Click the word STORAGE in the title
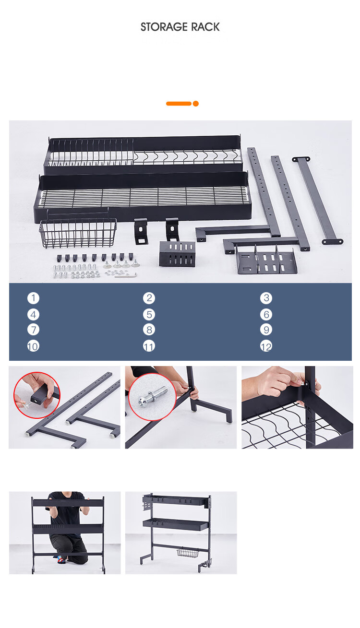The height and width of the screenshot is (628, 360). click(164, 27)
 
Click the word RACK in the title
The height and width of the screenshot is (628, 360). click(205, 27)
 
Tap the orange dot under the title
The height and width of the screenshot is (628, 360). click(196, 104)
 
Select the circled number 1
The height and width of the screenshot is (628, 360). click(33, 298)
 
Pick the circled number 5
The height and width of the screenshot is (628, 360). click(149, 315)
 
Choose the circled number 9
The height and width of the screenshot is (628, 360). click(266, 330)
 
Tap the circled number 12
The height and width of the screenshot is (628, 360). click(266, 346)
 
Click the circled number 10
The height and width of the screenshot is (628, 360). click(33, 346)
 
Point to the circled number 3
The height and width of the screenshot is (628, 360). click(266, 298)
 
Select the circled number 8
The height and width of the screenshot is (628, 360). click(149, 330)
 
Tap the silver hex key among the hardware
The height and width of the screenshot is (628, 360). click(126, 275)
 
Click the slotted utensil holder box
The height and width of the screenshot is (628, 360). click(177, 254)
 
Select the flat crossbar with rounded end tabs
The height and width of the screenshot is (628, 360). click(317, 200)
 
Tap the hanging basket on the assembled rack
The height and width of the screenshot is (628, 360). click(188, 553)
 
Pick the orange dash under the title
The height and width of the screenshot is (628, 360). click(179, 104)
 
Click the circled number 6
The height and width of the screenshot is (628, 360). click(266, 315)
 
